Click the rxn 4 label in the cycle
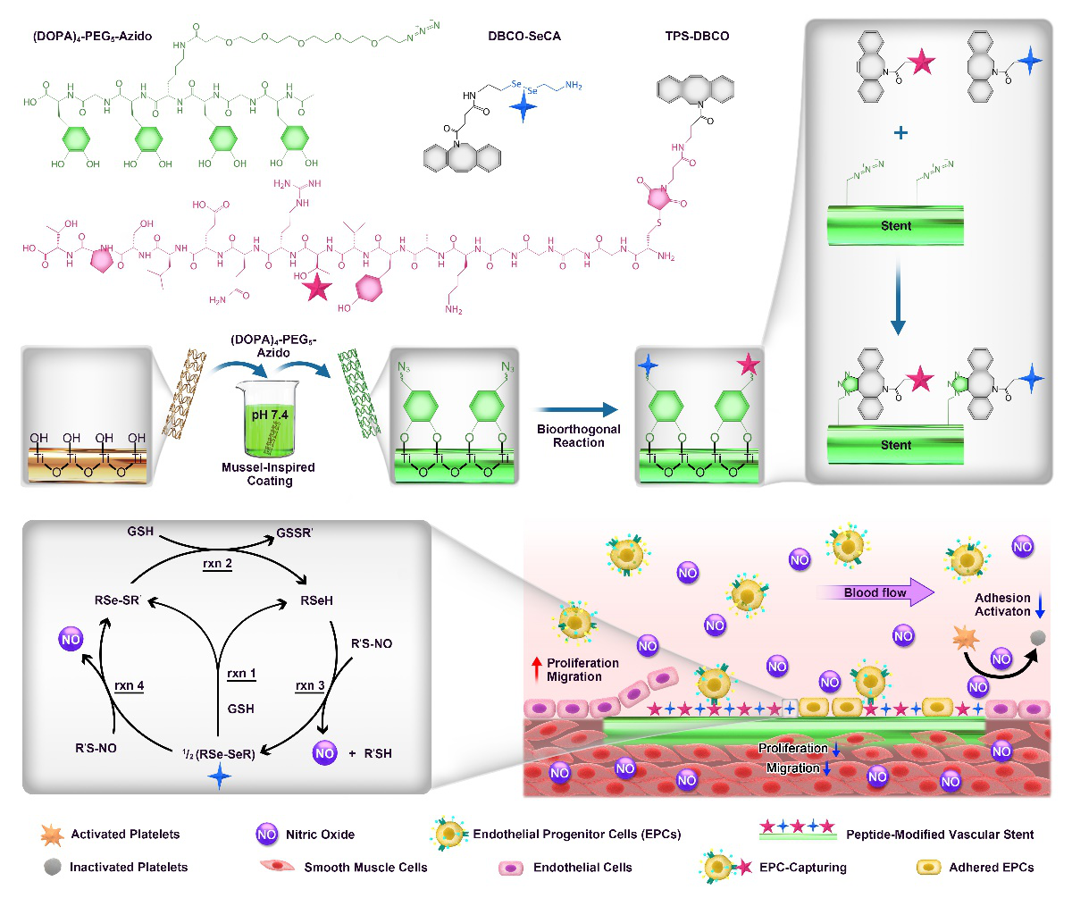130,684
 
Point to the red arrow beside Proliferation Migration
537,663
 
